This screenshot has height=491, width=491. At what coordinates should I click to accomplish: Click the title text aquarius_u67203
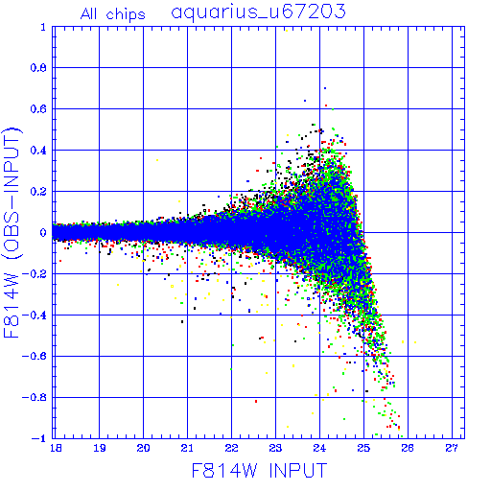pyautogui.click(x=258, y=12)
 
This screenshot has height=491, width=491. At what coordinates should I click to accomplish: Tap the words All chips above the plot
pyautogui.click(x=113, y=14)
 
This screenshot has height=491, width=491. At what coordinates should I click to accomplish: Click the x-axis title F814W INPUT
pyautogui.click(x=259, y=470)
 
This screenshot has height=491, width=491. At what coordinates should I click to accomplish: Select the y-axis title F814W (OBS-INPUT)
pyautogui.click(x=12, y=232)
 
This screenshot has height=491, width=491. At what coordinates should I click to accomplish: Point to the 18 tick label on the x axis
pyautogui.click(x=56, y=448)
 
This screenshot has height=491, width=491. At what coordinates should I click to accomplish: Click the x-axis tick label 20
pyautogui.click(x=143, y=448)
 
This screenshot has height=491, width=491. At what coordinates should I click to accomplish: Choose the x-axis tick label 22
pyautogui.click(x=231, y=448)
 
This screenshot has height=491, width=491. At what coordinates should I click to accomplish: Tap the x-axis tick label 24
pyautogui.click(x=319, y=448)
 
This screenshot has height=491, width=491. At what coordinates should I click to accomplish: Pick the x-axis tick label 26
pyautogui.click(x=408, y=448)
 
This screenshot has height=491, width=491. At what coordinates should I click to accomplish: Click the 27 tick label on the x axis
pyautogui.click(x=452, y=448)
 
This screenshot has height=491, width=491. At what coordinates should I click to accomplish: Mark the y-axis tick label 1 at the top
pyautogui.click(x=43, y=27)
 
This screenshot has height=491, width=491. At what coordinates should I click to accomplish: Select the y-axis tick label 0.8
pyautogui.click(x=38, y=68)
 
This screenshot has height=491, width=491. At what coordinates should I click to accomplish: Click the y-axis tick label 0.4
pyautogui.click(x=38, y=151)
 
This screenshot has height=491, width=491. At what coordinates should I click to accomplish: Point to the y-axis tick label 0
pyautogui.click(x=43, y=232)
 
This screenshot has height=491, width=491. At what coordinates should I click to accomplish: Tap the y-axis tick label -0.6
pyautogui.click(x=35, y=356)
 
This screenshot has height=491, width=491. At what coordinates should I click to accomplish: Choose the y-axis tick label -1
pyautogui.click(x=39, y=438)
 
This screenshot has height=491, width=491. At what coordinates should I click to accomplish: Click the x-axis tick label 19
pyautogui.click(x=100, y=448)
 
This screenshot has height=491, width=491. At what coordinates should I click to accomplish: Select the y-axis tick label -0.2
pyautogui.click(x=35, y=274)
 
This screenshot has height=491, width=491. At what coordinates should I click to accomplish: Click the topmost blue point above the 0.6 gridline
pyautogui.click(x=325, y=88)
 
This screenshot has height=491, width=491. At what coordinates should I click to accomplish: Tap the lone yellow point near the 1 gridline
pyautogui.click(x=287, y=31)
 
